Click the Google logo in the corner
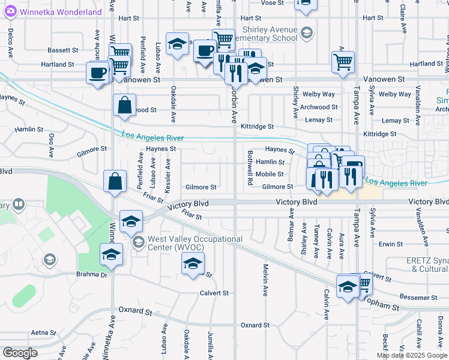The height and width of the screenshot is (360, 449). [20, 353]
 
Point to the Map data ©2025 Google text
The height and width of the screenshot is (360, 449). [411, 355]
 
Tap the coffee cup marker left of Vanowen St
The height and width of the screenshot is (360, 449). [97, 73]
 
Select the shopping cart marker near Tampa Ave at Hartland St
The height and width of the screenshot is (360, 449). [343, 61]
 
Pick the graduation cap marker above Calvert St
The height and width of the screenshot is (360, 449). [193, 263]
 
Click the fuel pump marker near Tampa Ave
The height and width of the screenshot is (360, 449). [353, 166]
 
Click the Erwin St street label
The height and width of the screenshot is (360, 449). [391, 244]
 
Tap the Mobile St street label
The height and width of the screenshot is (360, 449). [270, 174]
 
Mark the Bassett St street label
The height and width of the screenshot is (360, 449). [64, 50]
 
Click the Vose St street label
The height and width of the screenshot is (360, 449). [272, 3]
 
